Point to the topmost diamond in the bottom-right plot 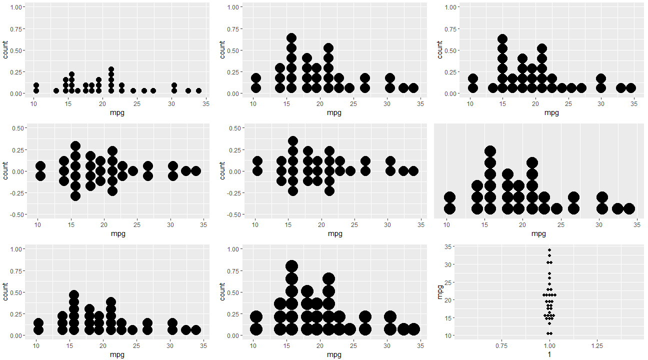coord(549,250)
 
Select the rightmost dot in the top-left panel coord(198,90)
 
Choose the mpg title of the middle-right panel coord(538,233)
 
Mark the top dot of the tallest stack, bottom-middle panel coord(292,266)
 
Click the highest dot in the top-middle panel coord(291,38)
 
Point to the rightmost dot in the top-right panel coord(631,88)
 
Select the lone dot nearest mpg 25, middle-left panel coord(132,171)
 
